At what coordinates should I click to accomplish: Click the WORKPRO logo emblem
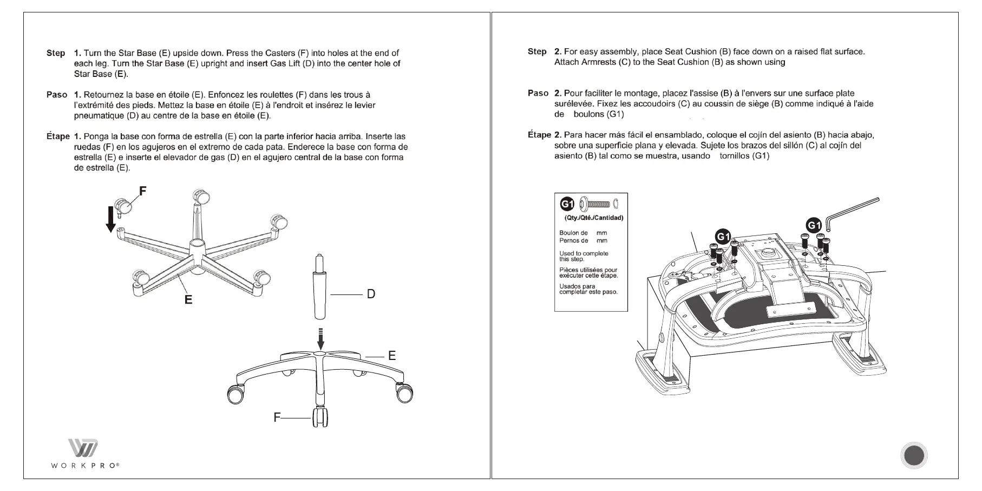coord(83,449)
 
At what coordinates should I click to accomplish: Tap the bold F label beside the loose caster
coord(143,191)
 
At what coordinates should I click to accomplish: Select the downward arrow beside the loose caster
coord(111,219)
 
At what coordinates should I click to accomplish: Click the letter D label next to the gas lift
coord(371,294)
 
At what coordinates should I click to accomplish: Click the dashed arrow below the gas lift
coord(320,339)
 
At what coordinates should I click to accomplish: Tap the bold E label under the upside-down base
coord(188,299)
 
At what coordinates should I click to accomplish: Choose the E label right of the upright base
coord(392,356)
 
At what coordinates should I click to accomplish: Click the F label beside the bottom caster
coord(277,417)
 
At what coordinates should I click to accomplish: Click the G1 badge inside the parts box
coord(567,204)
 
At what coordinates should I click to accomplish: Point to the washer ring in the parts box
coord(616,204)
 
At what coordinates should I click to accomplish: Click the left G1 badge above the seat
coord(723,237)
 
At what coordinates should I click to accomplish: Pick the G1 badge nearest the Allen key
coord(814,225)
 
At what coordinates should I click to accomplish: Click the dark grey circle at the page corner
coord(914,455)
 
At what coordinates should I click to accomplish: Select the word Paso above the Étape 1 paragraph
coord(57,95)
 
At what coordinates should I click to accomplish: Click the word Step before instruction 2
coord(537,51)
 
